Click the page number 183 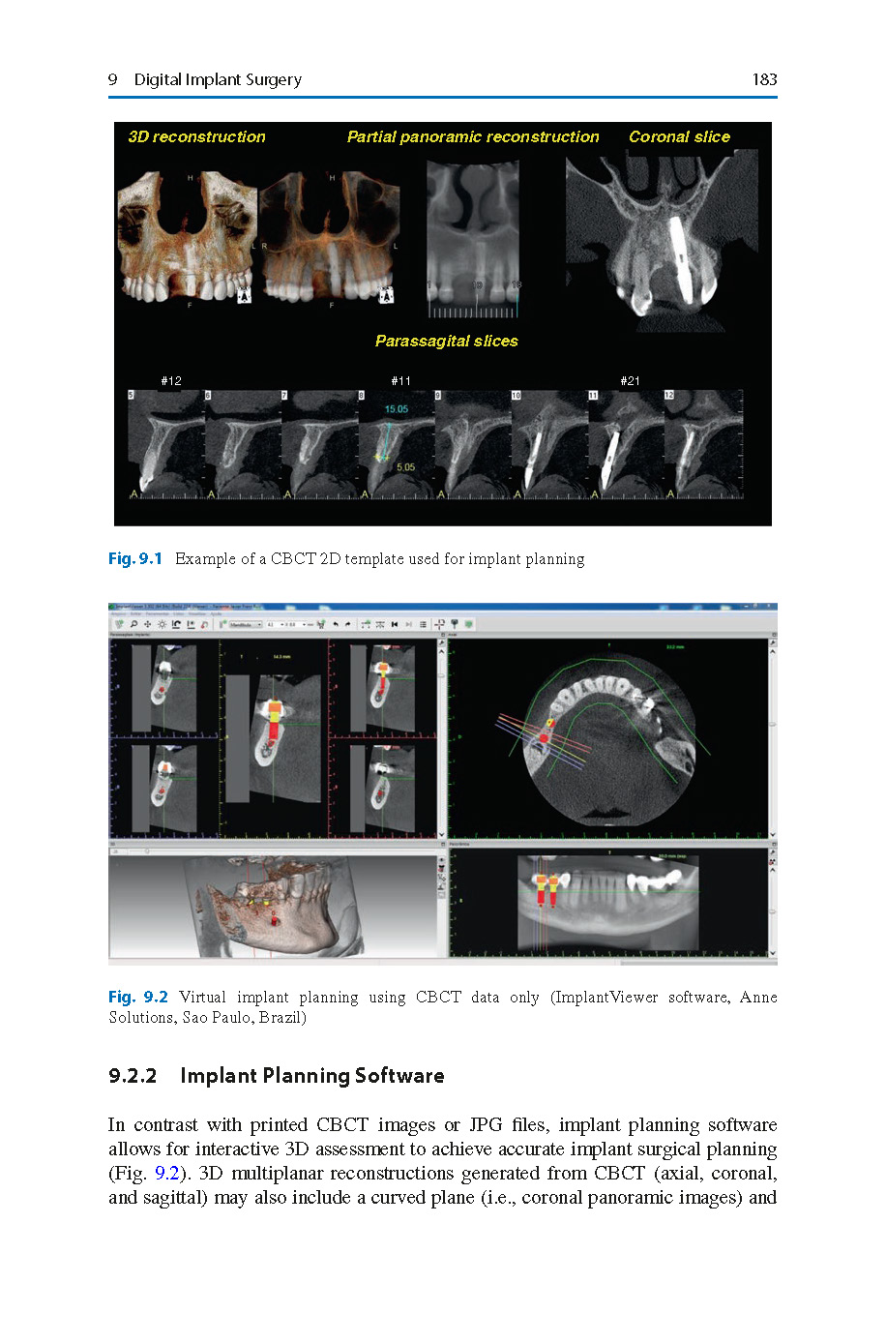coord(764,79)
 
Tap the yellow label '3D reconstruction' coord(196,137)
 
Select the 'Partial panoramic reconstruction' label coord(473,137)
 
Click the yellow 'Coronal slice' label coord(679,137)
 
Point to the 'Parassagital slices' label coord(446,341)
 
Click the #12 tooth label coord(171,381)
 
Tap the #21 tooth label coord(630,381)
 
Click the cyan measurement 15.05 coord(397,409)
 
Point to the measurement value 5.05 coord(404,467)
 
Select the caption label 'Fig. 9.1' coord(134,559)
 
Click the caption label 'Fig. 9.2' coord(137,998)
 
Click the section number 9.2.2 coord(133,1076)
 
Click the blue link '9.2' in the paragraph coord(167,1174)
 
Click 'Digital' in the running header coord(159,79)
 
